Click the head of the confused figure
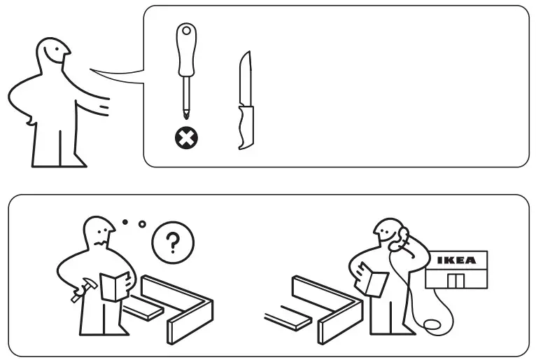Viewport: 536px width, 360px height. click(98, 234)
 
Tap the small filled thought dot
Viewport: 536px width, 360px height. click(125, 223)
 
